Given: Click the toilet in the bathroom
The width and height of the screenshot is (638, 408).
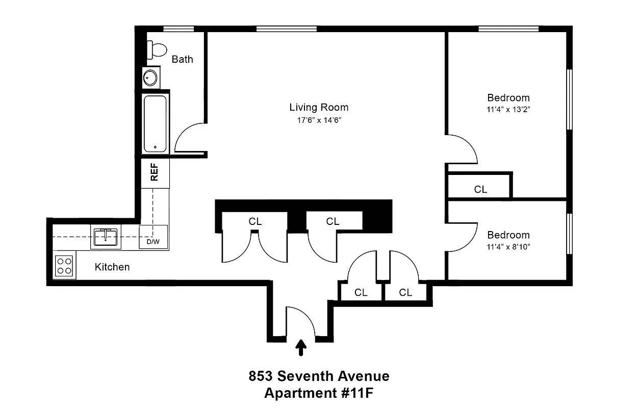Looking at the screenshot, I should (157, 50).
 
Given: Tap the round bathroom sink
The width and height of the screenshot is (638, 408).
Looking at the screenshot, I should (150, 78).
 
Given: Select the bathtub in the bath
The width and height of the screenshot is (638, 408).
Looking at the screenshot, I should (155, 124).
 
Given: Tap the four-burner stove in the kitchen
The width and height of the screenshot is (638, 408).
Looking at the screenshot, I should (64, 266).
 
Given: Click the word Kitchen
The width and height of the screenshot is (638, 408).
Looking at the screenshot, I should (112, 267).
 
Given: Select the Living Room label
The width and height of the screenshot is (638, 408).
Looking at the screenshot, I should (319, 108).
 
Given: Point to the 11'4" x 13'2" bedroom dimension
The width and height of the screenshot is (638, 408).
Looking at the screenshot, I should (508, 109).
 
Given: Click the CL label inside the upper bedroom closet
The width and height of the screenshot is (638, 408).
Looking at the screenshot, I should (480, 189).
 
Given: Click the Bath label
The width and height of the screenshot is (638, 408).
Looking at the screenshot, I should (182, 59).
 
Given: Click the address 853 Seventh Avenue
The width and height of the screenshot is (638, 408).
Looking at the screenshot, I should (319, 376).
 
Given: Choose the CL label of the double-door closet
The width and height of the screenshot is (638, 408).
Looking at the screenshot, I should (255, 221).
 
